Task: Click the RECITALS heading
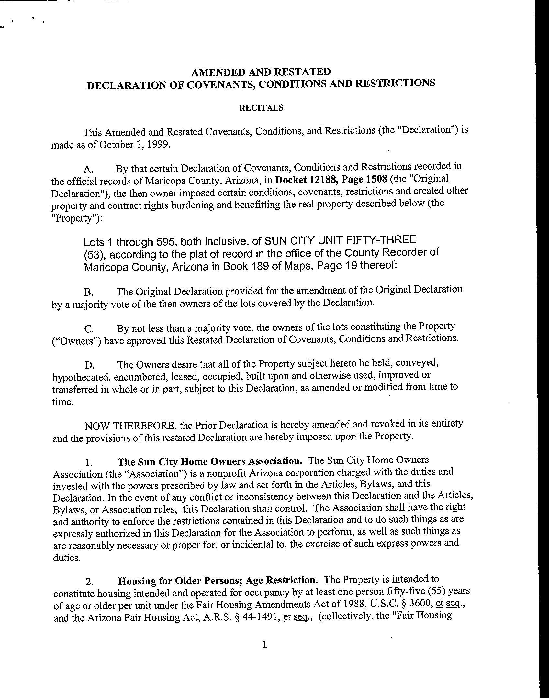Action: point(261,108)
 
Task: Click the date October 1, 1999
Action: point(134,145)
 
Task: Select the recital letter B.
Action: point(89,293)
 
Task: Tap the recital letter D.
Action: point(89,366)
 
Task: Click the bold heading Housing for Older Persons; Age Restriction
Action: point(217,581)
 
